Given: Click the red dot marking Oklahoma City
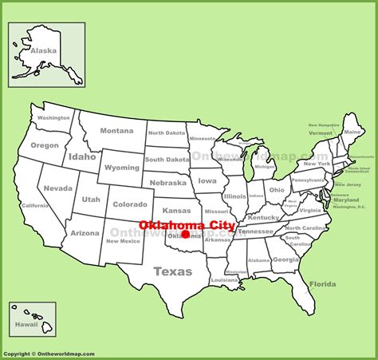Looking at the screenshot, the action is click(185, 235).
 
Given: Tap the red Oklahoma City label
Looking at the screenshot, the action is click(187, 225).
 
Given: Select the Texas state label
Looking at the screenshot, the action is click(173, 271).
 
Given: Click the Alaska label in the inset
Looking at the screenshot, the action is click(44, 50).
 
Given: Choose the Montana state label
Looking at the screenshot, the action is click(116, 131).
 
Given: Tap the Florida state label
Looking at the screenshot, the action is click(322, 284).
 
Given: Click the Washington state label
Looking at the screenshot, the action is click(53, 118).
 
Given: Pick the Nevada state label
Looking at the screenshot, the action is click(58, 188).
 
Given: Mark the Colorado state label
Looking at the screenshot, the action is click(130, 204).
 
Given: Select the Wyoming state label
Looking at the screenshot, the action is click(122, 168).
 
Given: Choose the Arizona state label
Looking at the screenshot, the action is click(85, 233).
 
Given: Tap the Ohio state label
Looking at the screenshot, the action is click(277, 190).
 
